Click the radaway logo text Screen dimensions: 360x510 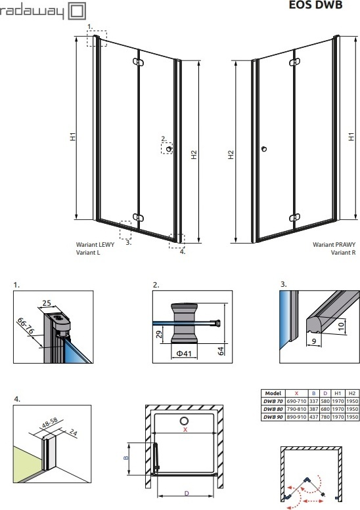coord(32,12)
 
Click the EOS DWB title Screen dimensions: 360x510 coord(315,5)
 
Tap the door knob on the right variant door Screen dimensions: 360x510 coord(264,149)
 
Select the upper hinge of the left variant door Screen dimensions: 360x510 coord(138,62)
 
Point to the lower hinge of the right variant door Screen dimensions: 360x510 coord(294,217)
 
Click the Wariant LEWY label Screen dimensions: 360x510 coord(95,245)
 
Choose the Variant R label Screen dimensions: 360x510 coord(344,253)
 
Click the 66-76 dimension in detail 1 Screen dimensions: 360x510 coord(26,326)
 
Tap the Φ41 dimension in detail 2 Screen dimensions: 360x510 coord(184,353)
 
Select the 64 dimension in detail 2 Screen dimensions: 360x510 coord(221,351)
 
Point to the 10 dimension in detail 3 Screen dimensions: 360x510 coord(341,326)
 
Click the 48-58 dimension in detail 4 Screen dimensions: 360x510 coord(50,423)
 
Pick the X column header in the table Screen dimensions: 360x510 coord(296,393)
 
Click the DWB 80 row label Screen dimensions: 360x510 coord(273,409)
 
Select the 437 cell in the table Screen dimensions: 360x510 coord(314,417)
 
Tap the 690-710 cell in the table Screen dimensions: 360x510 coord(296,401)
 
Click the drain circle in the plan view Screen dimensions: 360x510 coord(184,421)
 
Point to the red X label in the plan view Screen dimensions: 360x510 coord(185,430)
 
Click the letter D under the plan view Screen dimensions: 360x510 coord(186,493)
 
